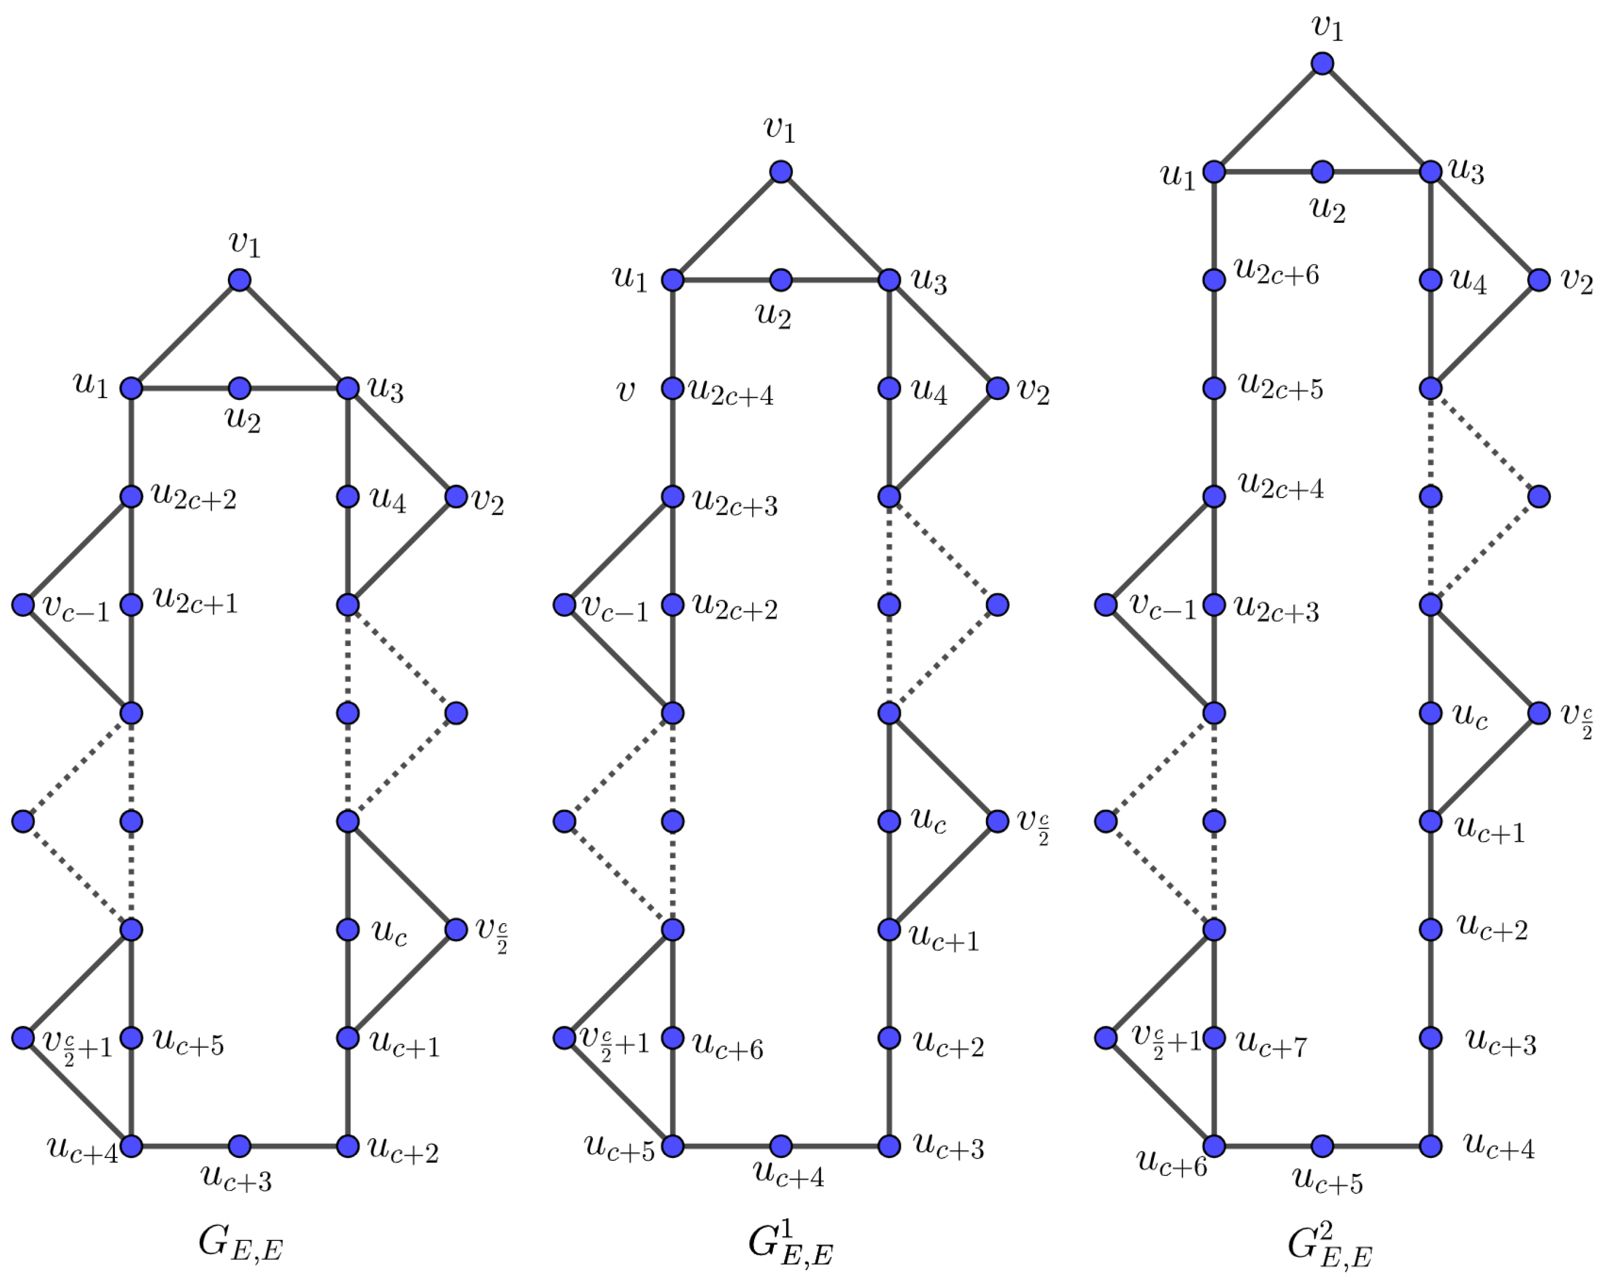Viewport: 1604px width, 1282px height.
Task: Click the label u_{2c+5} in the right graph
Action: [1280, 387]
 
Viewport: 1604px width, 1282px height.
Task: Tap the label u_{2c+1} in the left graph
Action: [195, 601]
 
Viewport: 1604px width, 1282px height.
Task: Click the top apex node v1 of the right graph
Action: [1322, 63]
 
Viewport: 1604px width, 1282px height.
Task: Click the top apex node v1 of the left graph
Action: [239, 281]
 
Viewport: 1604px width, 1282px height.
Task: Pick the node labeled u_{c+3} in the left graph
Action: [239, 1146]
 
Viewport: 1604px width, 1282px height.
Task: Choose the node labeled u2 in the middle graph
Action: [780, 281]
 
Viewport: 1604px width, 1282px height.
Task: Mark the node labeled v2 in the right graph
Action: [1538, 281]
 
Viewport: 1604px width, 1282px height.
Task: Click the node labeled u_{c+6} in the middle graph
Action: [672, 1037]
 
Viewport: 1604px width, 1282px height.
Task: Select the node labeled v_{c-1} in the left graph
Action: [23, 605]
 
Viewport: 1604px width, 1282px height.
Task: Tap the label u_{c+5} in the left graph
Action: [189, 1043]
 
